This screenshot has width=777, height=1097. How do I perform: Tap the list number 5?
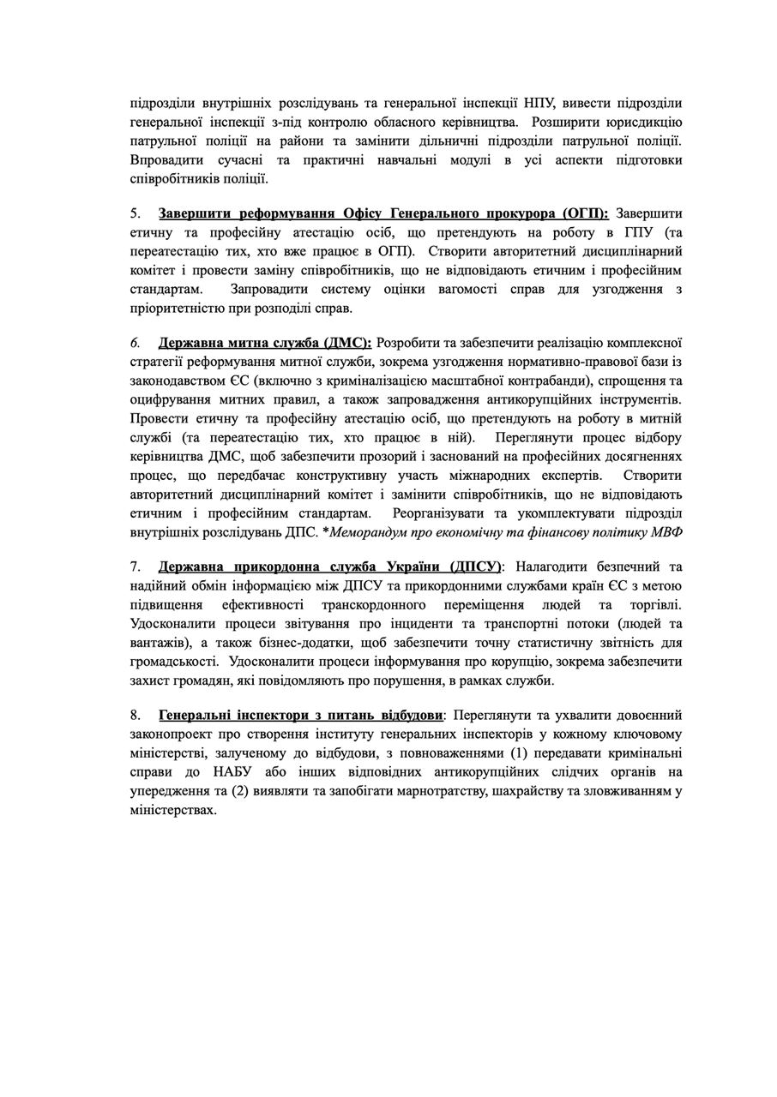pos(135,213)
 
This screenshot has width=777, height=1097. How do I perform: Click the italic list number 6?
pos(135,342)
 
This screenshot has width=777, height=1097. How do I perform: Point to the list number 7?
pos(135,566)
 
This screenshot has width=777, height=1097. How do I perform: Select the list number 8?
pos(135,714)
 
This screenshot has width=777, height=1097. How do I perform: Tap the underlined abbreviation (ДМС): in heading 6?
pos(347,342)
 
